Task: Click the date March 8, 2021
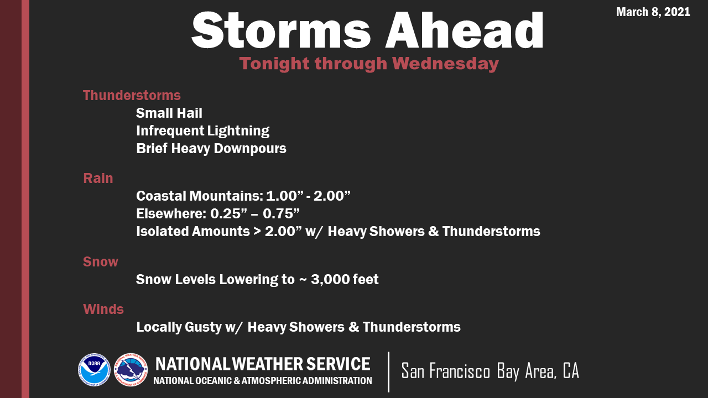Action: [x=653, y=12]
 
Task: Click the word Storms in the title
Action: [x=280, y=30]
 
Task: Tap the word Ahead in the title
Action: [x=464, y=30]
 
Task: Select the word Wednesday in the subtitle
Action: [x=446, y=64]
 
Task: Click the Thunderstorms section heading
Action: [x=132, y=95]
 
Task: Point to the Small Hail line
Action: [x=169, y=113]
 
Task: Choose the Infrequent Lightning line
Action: [x=202, y=131]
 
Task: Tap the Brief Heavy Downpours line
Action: [x=211, y=149]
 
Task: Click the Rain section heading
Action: [x=98, y=178]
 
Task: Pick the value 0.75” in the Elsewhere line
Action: [x=281, y=213]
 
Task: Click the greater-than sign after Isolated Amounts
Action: [x=257, y=232]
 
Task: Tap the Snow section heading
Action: [x=101, y=261]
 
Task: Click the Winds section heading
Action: [x=103, y=309]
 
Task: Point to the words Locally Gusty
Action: [x=179, y=327]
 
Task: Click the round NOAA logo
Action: [x=94, y=370]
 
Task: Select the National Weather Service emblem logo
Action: [x=131, y=370]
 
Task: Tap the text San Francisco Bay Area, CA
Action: [x=490, y=371]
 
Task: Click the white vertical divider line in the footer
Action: [x=388, y=372]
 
